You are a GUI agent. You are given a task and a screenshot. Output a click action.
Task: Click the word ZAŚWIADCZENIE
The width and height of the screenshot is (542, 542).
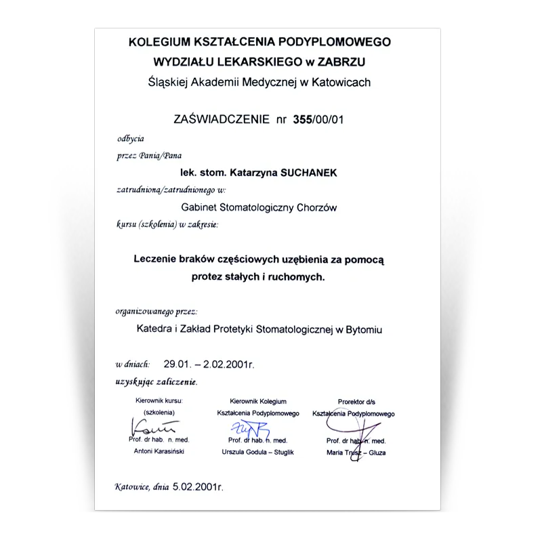(221, 121)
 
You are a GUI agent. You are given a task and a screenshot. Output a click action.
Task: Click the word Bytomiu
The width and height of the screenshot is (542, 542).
(363, 330)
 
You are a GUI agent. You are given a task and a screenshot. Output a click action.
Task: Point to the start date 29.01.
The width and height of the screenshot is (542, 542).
(178, 364)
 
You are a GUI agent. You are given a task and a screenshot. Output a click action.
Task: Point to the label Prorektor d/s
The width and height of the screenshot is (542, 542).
(356, 402)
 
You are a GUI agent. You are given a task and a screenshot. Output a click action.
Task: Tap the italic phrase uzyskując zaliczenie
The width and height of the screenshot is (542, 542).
(156, 382)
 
